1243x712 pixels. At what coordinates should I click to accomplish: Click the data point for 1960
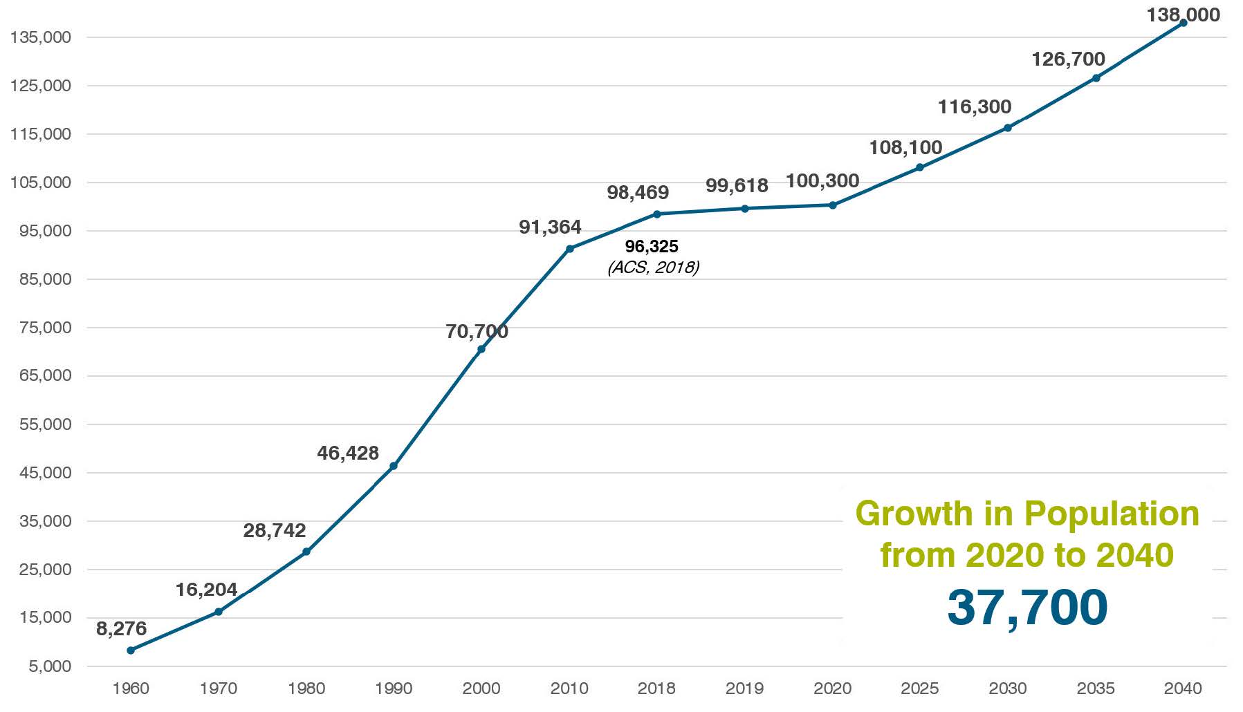tap(131, 650)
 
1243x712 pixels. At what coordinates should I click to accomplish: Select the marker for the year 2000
tap(481, 349)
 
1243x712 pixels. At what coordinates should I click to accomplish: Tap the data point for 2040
tap(1184, 23)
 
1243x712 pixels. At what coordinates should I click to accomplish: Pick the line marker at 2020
tap(833, 205)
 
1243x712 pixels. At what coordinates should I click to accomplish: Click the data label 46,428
tap(348, 453)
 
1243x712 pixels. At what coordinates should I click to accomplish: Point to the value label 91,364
tap(550, 227)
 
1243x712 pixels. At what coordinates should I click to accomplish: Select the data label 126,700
tap(1068, 59)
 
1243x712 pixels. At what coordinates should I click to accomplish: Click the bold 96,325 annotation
tap(652, 247)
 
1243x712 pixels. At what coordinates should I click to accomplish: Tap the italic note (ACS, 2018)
tap(654, 267)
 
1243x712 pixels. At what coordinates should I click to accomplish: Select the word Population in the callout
tap(1112, 514)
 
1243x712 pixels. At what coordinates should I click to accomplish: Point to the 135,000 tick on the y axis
tap(41, 37)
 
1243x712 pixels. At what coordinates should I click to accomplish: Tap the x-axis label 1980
tap(306, 688)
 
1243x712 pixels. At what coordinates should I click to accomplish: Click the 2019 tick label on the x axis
tap(745, 688)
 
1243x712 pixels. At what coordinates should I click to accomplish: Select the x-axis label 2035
tap(1096, 688)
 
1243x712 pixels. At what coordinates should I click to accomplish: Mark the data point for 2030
tap(1008, 128)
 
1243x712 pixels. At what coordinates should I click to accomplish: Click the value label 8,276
tap(122, 629)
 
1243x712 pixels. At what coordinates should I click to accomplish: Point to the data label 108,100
tap(905, 148)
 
